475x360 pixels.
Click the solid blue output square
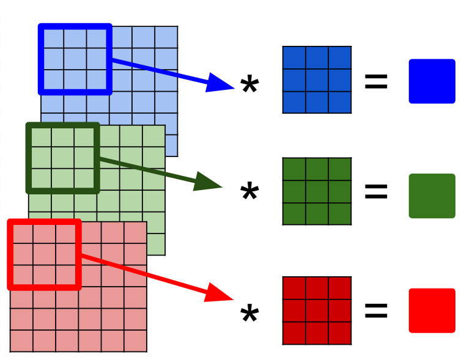432,81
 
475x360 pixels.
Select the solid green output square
432,196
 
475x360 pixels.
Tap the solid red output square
432,310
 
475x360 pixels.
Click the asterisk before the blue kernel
249,86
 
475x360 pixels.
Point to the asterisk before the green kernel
249,193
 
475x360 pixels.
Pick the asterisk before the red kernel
249,315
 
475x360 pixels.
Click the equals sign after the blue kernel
376,82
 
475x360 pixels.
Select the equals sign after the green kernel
376,192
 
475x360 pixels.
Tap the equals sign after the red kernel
376,310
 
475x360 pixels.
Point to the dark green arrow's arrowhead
208,182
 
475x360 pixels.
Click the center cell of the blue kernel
317,80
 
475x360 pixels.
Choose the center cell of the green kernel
317,191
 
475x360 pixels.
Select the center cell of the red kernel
317,310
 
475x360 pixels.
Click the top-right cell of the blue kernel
340,57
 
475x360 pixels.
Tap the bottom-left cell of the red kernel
294,333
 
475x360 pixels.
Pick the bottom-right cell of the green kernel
340,214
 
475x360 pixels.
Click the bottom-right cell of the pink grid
135,340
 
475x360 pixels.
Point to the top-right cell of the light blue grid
166,37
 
